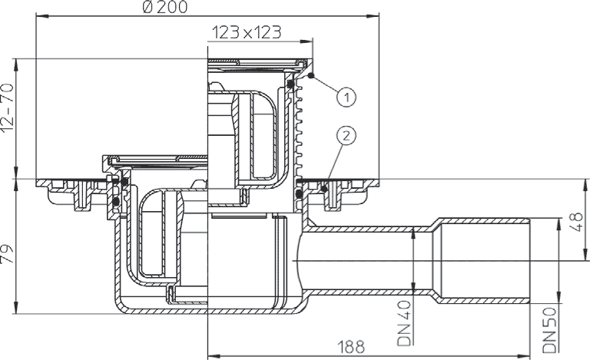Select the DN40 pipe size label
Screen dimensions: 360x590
(x=406, y=322)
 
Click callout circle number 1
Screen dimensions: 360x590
(x=347, y=97)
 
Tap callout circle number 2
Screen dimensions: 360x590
(x=347, y=136)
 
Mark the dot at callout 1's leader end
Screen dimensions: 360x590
(x=310, y=75)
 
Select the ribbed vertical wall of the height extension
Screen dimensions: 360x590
(x=300, y=130)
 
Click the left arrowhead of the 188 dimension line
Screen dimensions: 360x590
(x=210, y=355)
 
